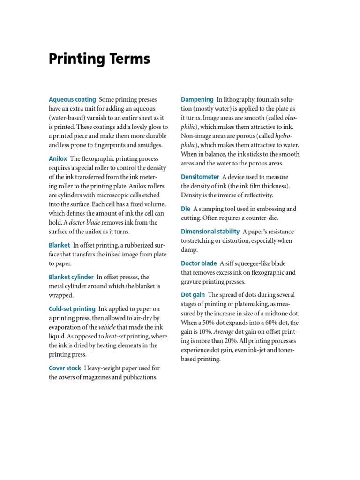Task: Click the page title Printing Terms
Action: tap(99, 59)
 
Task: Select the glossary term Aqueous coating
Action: tap(72, 99)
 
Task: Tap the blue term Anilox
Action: tap(58, 159)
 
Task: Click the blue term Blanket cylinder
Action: tap(71, 277)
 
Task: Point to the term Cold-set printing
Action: tap(72, 309)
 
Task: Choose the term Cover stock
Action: tap(65, 368)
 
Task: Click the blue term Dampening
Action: tap(197, 99)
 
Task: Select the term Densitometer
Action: tap(200, 177)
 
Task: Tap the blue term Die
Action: tap(185, 209)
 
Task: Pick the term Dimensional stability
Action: tap(210, 232)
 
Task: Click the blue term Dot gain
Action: tap(192, 295)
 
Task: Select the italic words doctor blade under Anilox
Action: tap(84, 222)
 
